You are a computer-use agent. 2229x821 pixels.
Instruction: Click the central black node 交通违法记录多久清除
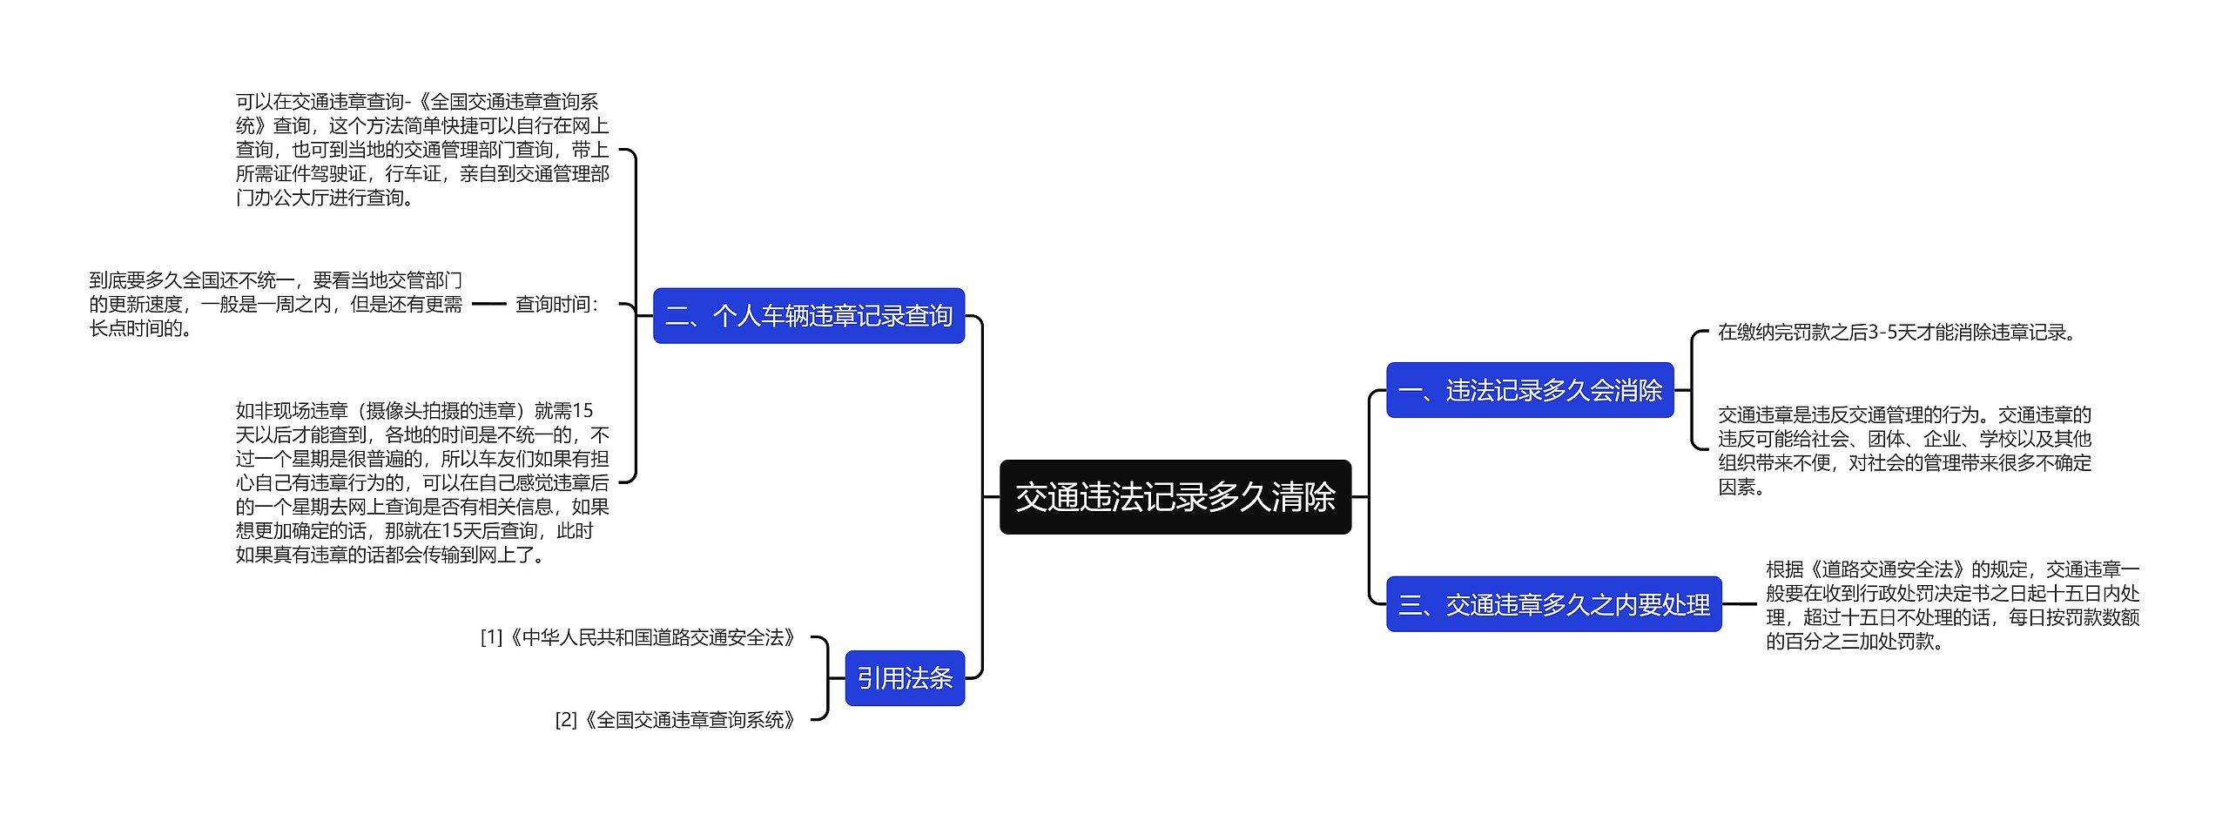click(1175, 497)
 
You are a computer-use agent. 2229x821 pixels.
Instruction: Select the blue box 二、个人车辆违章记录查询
click(808, 316)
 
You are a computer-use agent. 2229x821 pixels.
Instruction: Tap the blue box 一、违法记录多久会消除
click(1529, 390)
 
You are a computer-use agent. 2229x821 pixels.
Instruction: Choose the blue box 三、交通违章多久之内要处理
click(1553, 604)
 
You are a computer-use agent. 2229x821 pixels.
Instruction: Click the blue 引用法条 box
click(904, 678)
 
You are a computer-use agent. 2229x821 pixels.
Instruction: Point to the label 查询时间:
click(557, 305)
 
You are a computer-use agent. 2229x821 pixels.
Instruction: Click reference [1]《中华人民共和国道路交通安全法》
click(638, 638)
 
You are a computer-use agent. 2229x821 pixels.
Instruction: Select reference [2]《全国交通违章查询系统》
click(676, 720)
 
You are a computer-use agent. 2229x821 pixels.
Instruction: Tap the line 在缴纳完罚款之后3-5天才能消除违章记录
click(1896, 333)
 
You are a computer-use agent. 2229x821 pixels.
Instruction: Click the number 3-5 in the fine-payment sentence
click(1885, 333)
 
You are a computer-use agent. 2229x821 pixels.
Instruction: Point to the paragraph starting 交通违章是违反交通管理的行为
click(1904, 450)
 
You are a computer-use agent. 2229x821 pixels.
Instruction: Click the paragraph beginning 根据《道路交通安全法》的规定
click(1952, 605)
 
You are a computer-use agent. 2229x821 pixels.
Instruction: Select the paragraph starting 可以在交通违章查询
click(422, 150)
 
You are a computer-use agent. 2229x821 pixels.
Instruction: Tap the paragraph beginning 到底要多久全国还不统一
click(275, 305)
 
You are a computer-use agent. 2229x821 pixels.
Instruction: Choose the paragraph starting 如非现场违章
click(422, 482)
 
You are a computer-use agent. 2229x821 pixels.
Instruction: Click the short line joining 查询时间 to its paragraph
click(488, 305)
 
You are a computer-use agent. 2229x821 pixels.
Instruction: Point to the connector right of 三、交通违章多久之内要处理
click(1740, 604)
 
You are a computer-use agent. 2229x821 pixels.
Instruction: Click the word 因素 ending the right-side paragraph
click(1736, 488)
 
